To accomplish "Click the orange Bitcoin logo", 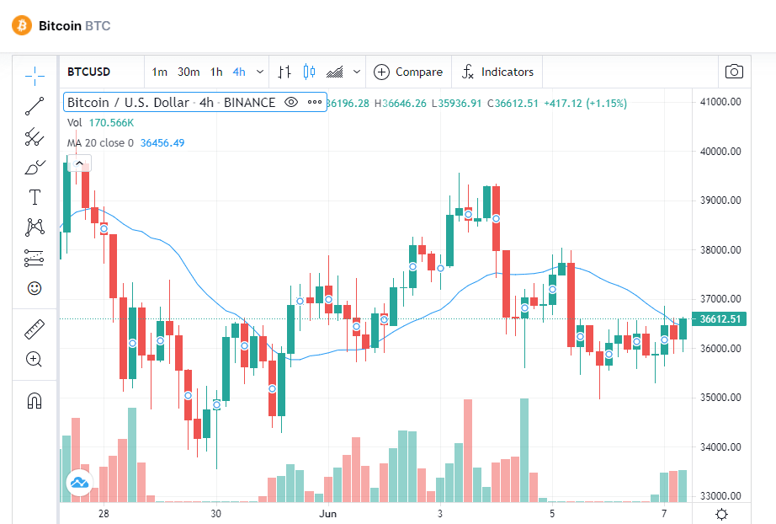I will point(21,25).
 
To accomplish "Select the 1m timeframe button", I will point(160,72).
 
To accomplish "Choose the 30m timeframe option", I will point(189,72).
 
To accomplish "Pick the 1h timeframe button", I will point(216,72).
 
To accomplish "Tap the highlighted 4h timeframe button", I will point(239,72).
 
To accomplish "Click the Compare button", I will point(408,72).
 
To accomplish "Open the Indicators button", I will point(497,72).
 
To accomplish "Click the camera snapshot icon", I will point(734,72).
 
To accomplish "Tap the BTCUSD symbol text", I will point(88,72).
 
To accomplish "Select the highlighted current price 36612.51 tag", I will point(720,319).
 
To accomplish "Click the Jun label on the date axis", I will point(328,513).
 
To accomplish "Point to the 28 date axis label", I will point(104,513).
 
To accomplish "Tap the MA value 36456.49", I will point(162,143).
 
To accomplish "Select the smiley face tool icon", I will point(35,288).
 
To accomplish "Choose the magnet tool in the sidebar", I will point(35,400).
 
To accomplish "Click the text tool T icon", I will point(35,197).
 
